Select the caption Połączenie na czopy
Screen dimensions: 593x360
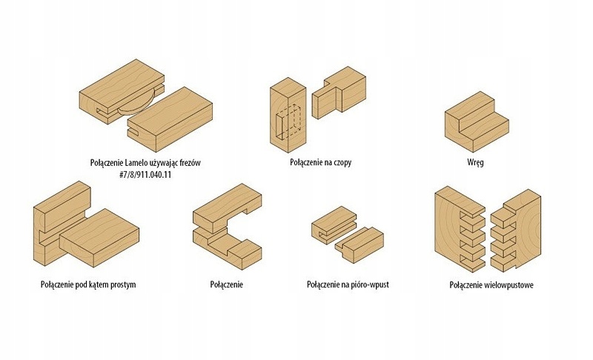coord(321,161)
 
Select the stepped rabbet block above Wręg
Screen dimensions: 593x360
coord(475,119)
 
